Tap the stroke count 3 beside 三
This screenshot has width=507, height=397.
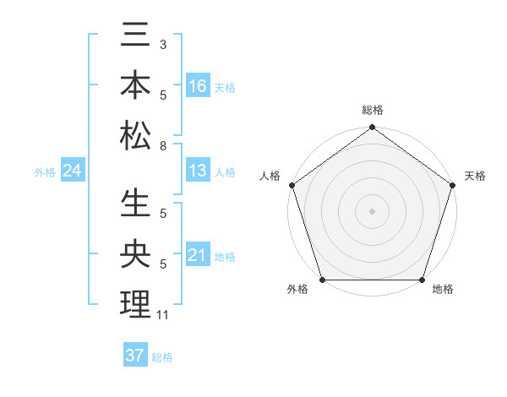[x=162, y=43]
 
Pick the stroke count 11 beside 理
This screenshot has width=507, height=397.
[x=162, y=315]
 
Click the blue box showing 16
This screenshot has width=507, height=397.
[x=198, y=86]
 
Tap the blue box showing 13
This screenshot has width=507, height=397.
[x=198, y=171]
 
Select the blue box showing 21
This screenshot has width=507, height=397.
[x=198, y=255]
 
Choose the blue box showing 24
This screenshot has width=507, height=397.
[x=73, y=171]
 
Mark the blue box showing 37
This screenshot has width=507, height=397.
[x=135, y=356]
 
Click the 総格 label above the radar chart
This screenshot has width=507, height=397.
[x=372, y=110]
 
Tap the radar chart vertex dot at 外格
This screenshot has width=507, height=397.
[x=322, y=280]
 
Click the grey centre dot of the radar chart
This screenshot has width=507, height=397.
[x=372, y=211]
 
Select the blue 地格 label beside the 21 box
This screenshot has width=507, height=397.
[x=225, y=256]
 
